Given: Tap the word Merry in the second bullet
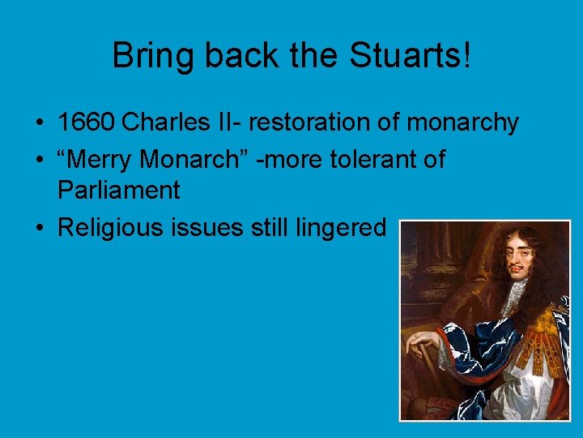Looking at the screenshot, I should tap(101, 160).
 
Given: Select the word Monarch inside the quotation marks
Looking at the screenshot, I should tap(189, 160).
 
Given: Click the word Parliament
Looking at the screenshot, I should tap(118, 191).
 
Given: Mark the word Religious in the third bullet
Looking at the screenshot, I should tap(110, 228).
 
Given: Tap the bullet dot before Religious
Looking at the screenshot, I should tap(38, 228).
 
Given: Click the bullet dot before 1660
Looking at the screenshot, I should tap(38, 122).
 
